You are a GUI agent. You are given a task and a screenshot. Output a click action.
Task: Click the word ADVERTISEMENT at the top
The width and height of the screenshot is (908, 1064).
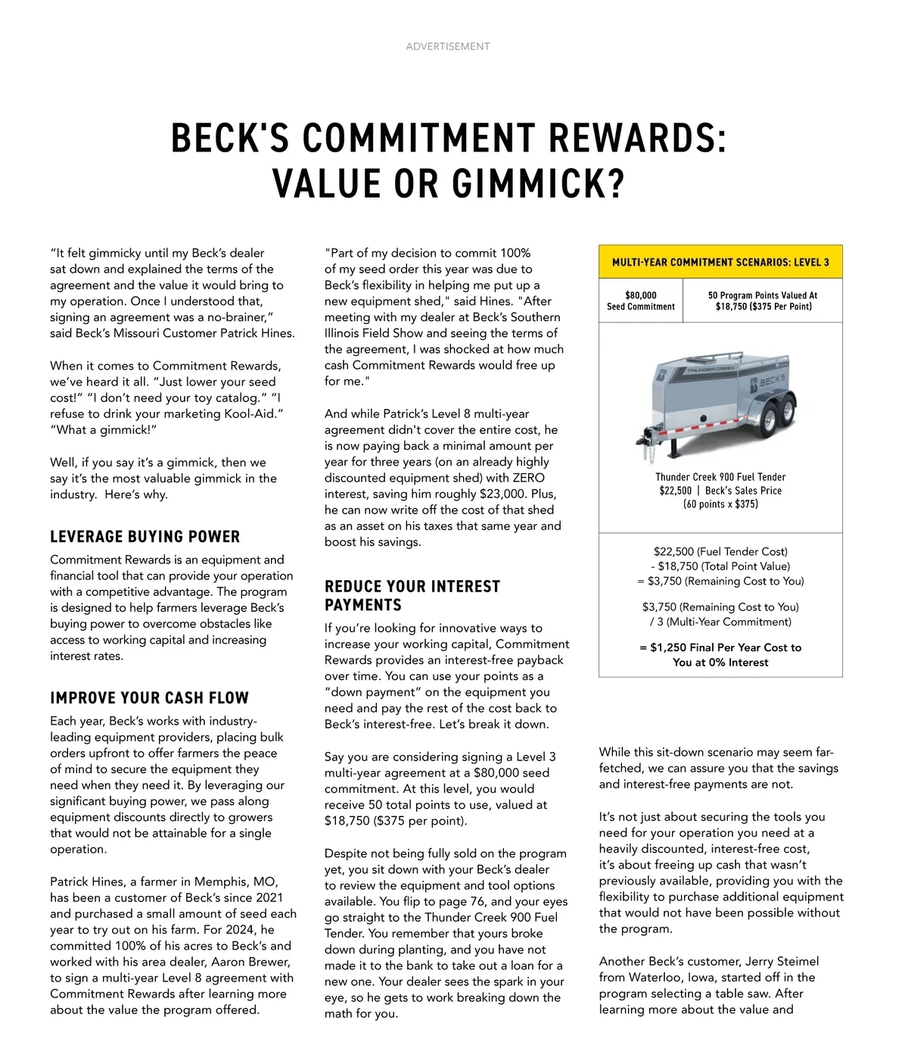[447, 47]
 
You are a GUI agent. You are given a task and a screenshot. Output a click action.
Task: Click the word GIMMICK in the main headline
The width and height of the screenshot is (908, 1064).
[537, 183]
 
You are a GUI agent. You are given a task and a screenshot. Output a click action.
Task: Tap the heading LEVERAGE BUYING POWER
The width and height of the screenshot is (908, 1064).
[145, 537]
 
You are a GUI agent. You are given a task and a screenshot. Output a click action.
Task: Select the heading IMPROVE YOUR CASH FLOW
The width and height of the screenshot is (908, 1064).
[149, 698]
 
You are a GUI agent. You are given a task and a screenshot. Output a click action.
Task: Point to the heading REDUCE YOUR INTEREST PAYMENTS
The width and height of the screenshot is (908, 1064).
[412, 595]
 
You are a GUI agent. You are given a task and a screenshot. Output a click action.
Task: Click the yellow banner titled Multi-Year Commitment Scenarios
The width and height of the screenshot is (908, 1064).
[720, 262]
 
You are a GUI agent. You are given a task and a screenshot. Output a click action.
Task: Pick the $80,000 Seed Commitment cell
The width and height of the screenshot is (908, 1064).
[640, 301]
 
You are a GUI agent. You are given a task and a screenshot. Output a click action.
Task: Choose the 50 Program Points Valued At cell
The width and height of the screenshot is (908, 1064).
[762, 301]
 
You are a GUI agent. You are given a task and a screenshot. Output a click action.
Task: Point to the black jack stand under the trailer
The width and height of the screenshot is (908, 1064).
[671, 448]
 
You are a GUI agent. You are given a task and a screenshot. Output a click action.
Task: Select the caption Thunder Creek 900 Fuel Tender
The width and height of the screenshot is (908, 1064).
[720, 477]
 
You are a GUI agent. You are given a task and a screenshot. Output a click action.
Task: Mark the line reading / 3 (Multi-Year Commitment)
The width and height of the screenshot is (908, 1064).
[720, 622]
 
